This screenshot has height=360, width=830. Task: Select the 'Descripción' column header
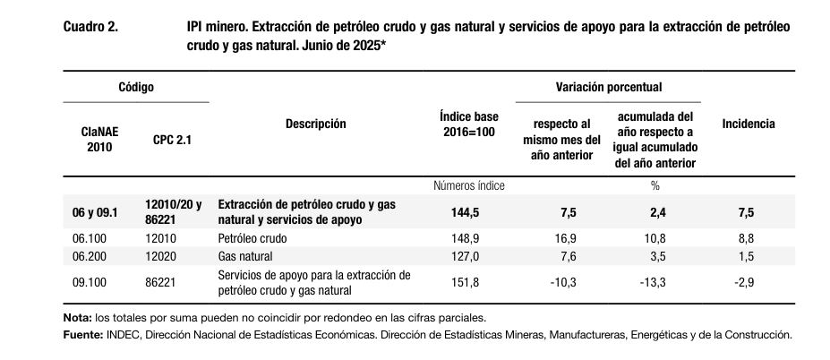coord(315,124)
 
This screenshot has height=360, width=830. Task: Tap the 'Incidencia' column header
coord(748,124)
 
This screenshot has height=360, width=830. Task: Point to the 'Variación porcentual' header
coord(608,87)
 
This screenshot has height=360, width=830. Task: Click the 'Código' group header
coord(136,87)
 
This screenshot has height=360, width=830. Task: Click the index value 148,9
coord(469,239)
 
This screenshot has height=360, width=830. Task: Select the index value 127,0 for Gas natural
coord(469,257)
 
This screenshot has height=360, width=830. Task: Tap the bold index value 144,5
coord(469,212)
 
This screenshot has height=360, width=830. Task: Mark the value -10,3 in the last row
coord(561,283)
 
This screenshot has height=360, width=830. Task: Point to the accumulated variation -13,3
coord(655,283)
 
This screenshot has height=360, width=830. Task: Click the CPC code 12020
coord(160,257)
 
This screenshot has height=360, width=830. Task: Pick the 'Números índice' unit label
coord(468,186)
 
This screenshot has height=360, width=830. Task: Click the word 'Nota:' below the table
coord(78,318)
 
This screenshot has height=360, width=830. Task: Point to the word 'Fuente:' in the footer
coord(82,335)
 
